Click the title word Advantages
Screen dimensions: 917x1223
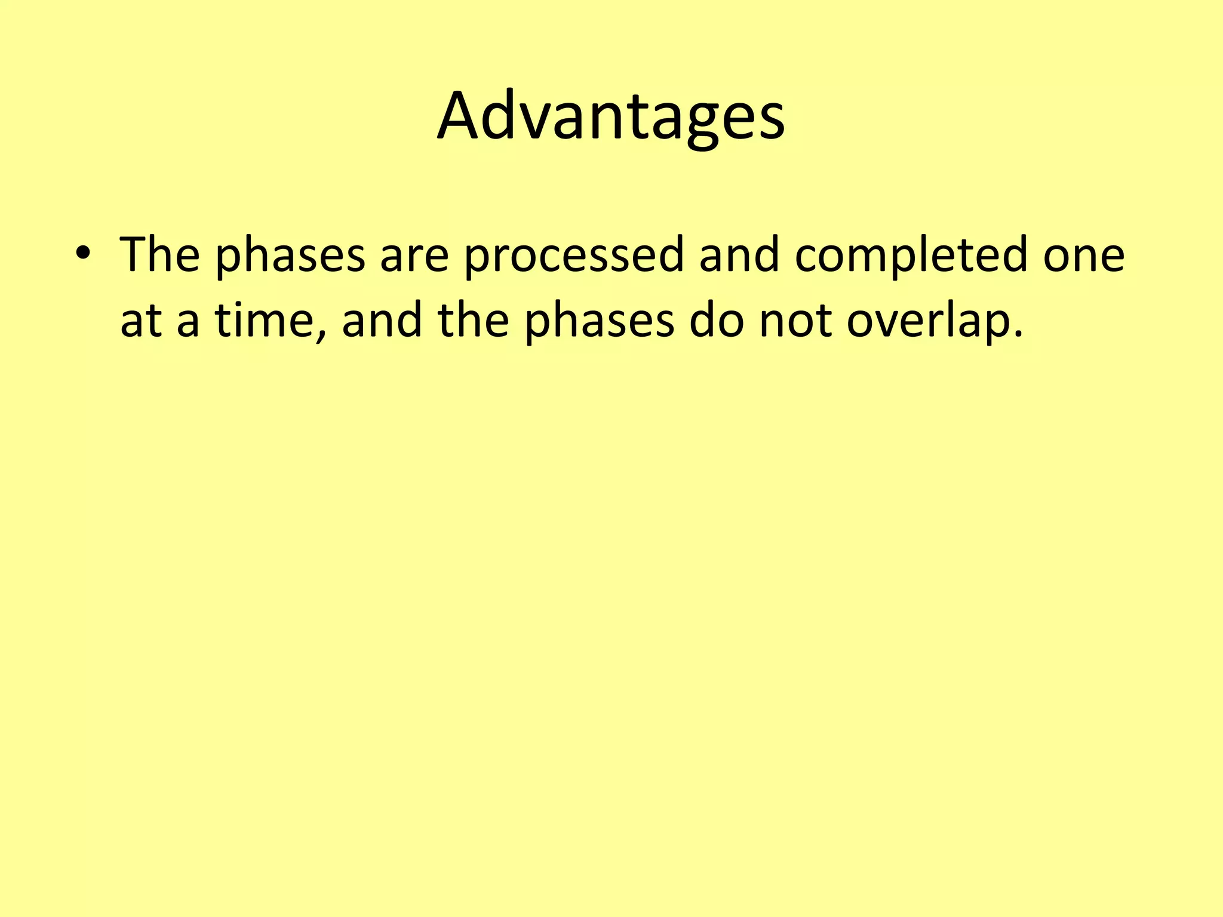tap(611, 116)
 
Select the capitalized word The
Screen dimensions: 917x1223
tap(159, 255)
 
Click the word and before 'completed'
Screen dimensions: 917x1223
tap(739, 255)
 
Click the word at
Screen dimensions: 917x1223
tap(141, 321)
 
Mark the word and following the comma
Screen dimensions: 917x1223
tap(381, 320)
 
